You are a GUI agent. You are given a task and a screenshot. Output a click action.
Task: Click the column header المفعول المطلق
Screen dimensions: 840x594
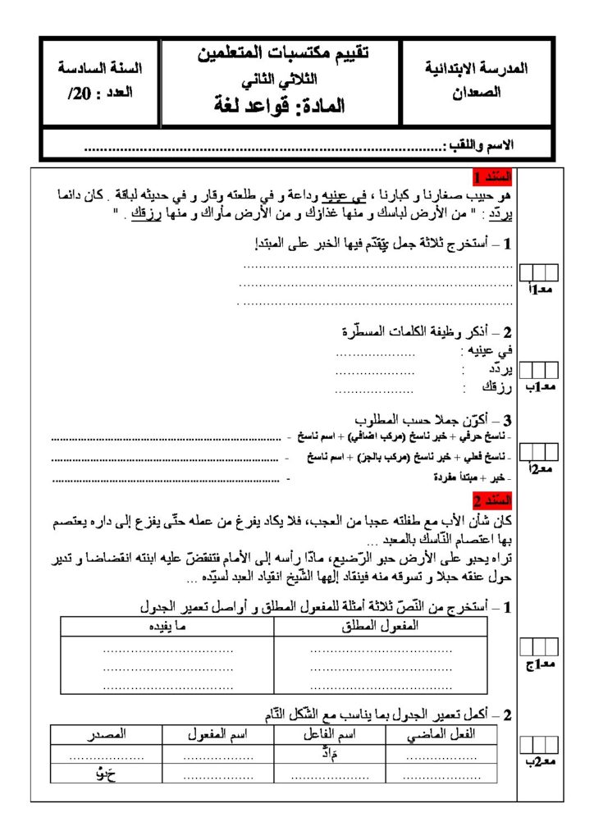tap(379, 626)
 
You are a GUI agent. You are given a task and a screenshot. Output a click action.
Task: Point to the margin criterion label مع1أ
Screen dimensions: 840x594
tap(539, 290)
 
